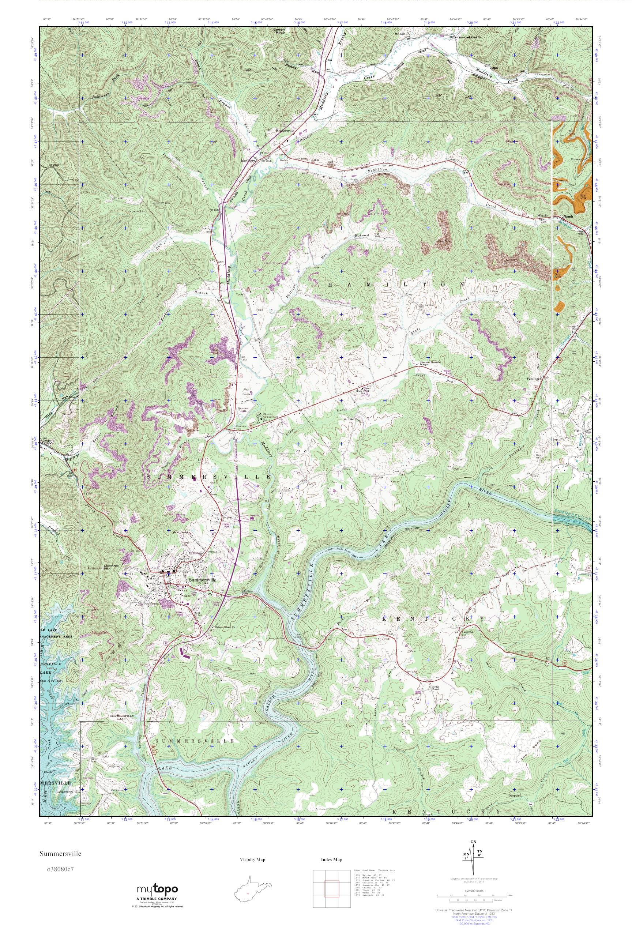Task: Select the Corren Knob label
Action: coord(279,31)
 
